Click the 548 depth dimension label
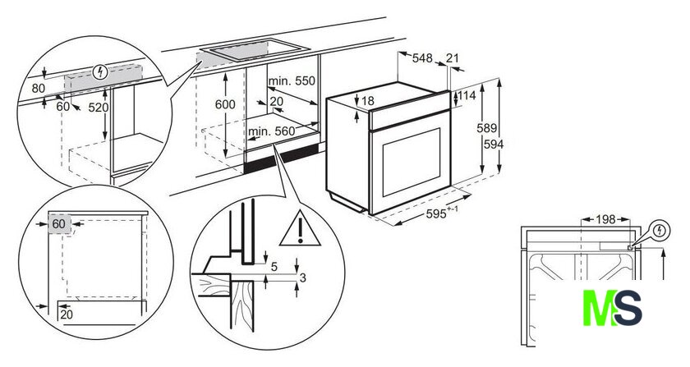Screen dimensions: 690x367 coord(422,58)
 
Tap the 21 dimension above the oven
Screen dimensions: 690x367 coord(453,57)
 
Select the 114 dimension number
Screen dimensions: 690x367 coord(467,95)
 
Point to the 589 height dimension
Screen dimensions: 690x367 coord(486,128)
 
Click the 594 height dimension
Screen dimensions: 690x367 coord(494,144)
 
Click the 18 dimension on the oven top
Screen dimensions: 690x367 coord(367,101)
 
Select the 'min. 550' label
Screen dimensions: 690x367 coord(292,81)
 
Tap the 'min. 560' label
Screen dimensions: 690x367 coord(272,131)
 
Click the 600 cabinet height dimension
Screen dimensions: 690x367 coord(225,104)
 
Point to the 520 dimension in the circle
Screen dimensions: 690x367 coord(98,108)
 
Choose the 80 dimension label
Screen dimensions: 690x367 coord(39,89)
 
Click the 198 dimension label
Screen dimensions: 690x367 coord(605,219)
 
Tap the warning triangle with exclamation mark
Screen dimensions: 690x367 coord(300,229)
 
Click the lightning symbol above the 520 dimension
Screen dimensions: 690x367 coord(101,71)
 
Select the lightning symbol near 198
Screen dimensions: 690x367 coord(660,230)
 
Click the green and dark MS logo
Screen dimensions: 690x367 coord(612,308)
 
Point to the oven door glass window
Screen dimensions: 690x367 coord(411,163)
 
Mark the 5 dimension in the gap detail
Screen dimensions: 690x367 coord(274,267)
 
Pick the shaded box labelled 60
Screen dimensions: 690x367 coord(59,223)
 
